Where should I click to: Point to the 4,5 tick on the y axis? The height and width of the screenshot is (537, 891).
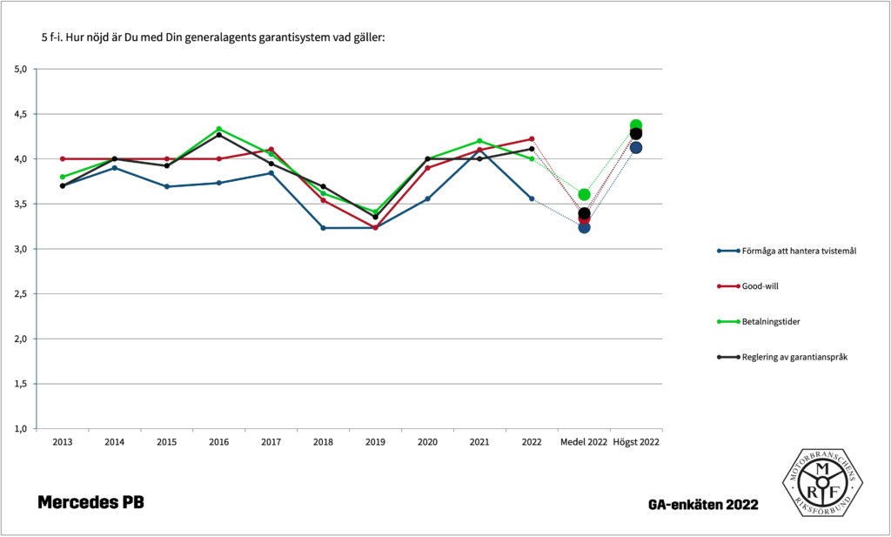point(23,114)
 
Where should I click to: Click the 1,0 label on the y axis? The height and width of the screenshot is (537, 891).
point(23,429)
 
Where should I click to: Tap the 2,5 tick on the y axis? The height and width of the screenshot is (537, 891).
point(23,294)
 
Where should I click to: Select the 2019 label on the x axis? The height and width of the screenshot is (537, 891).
point(375,442)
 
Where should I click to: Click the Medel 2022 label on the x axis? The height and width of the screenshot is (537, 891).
point(584,442)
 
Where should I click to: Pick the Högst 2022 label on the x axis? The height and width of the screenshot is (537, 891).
point(636,442)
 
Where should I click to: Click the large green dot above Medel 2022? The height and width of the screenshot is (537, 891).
point(584,195)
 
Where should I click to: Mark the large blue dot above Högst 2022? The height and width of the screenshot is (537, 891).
point(636,148)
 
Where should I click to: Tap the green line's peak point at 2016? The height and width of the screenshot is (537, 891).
point(218,129)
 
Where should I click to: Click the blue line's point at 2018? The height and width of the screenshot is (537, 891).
point(323,228)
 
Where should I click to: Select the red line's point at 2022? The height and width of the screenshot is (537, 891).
point(532,138)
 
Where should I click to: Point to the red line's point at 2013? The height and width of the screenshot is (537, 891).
point(62,158)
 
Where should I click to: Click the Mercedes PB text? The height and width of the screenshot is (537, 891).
point(90,502)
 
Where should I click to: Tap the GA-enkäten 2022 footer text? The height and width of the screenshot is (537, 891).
point(702,505)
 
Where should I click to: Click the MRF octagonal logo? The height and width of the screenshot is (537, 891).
point(821,482)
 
